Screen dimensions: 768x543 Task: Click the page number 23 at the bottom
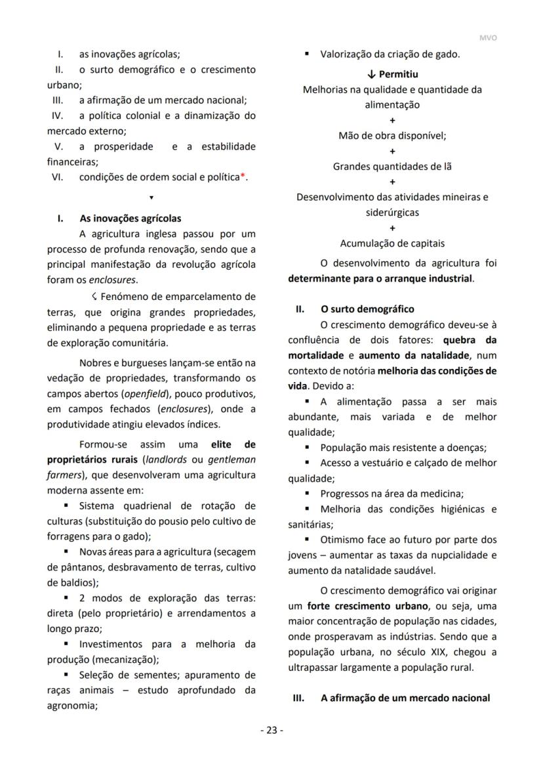coord(271,731)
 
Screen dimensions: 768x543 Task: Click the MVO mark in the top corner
coord(488,38)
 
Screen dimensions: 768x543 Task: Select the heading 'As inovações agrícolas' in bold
coord(130,219)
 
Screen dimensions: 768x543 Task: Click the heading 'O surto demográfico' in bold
coord(367,309)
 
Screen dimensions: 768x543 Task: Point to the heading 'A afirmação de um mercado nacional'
coord(405,698)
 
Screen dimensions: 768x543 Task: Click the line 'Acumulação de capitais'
coord(392,244)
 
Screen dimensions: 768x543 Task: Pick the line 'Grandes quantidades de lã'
coord(392,167)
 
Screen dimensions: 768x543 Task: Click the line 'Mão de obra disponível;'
coord(392,136)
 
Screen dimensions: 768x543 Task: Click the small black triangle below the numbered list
coord(151,198)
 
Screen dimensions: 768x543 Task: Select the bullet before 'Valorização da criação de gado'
coord(306,54)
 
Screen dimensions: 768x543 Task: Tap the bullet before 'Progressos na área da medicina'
coord(306,494)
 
